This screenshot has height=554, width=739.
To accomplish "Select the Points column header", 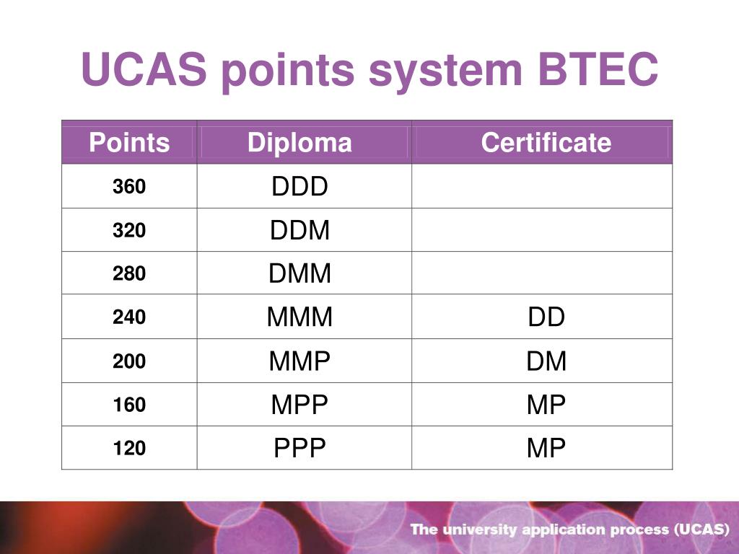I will (x=129, y=143).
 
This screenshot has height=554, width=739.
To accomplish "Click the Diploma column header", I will (x=299, y=143).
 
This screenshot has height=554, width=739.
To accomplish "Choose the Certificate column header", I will (x=546, y=143).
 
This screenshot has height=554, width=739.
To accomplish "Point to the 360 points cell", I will (x=129, y=187).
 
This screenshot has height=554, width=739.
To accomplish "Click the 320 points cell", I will (x=129, y=231).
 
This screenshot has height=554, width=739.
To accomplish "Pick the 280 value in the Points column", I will (x=129, y=273).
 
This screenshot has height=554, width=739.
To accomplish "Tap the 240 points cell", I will (x=129, y=317).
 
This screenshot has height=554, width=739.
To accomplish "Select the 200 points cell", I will (x=129, y=361).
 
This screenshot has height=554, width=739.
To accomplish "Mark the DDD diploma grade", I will (x=299, y=187).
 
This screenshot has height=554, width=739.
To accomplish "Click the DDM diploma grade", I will (x=299, y=231).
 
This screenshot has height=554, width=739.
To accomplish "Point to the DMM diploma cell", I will (x=299, y=273).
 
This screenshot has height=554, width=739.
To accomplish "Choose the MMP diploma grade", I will (x=299, y=361).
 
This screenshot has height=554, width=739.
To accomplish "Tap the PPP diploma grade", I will (x=299, y=449).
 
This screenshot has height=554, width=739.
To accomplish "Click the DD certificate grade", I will (x=546, y=317).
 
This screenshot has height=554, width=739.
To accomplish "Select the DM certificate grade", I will (x=546, y=361).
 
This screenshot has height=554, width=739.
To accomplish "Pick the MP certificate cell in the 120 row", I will (x=546, y=449).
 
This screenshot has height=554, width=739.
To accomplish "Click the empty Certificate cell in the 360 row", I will (x=542, y=187).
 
